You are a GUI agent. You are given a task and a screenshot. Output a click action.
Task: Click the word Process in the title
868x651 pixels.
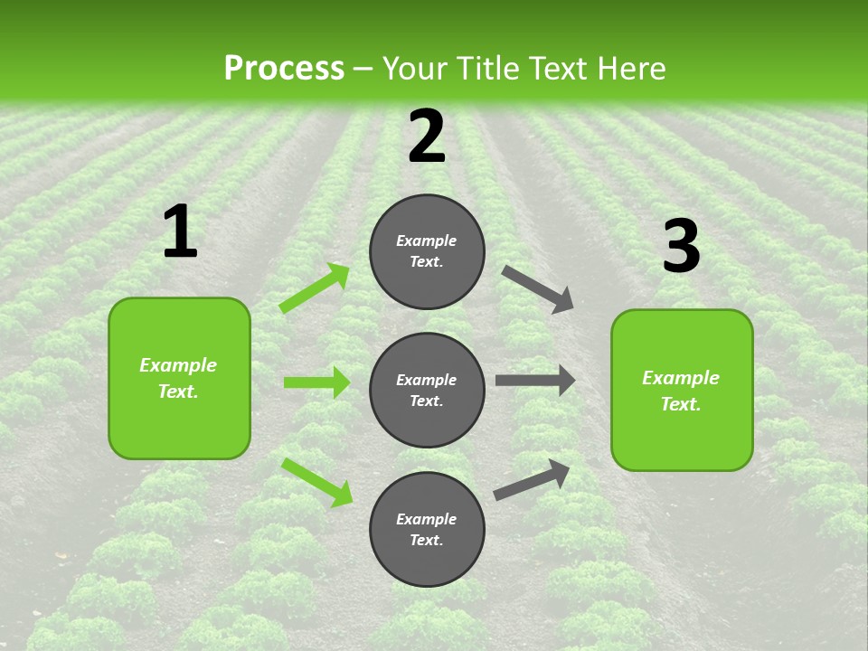click(284, 69)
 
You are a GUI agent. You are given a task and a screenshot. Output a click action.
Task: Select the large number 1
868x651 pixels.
click(180, 232)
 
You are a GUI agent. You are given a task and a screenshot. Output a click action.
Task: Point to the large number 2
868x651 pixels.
click(427, 137)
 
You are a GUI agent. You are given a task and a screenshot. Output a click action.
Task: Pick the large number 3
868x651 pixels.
click(681, 247)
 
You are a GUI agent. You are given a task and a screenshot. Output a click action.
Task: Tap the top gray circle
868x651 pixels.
click(427, 251)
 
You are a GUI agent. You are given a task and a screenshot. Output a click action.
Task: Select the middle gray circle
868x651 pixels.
click(427, 390)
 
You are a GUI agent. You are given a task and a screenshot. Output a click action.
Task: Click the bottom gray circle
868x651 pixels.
click(427, 529)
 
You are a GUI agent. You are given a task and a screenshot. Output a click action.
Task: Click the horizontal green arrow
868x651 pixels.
click(316, 382)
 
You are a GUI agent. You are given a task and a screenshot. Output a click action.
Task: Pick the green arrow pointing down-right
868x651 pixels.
click(316, 482)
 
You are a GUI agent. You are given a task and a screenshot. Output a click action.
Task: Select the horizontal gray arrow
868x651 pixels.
click(535, 381)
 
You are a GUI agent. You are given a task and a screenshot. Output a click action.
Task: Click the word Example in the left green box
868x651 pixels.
click(178, 365)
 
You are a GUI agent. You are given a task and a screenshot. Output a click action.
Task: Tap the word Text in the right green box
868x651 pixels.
click(680, 404)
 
